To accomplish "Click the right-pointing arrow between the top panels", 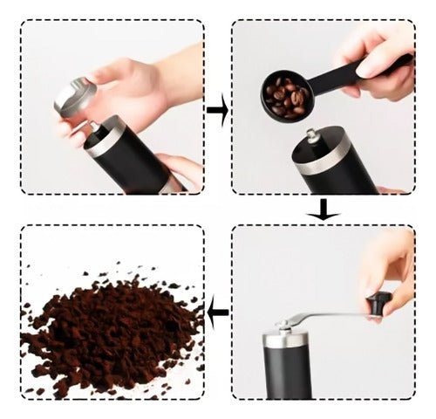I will pyautogui.click(x=217, y=111).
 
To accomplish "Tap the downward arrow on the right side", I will pyautogui.click(x=324, y=209).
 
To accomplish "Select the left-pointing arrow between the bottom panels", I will pyautogui.click(x=218, y=312).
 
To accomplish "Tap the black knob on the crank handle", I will pyautogui.click(x=378, y=304).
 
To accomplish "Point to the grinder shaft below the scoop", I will pyautogui.click(x=312, y=138).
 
